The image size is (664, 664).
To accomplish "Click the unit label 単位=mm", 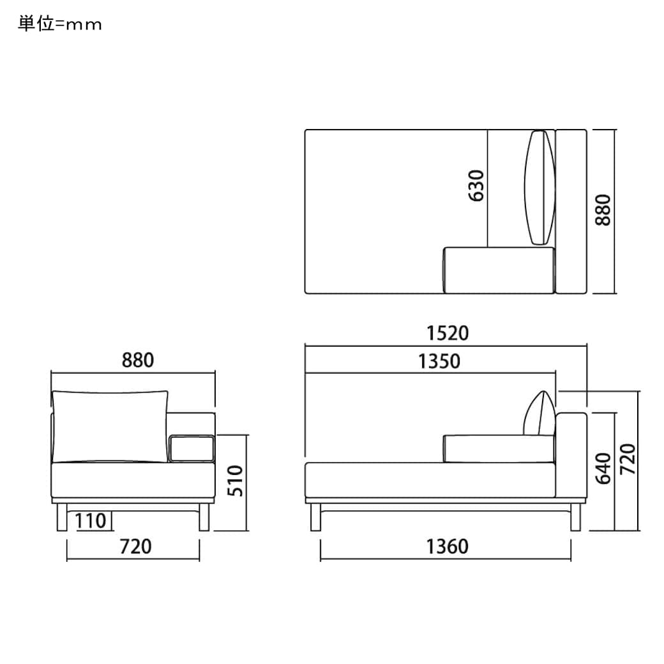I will pyautogui.click(x=60, y=24).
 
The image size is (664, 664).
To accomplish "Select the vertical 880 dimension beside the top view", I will pyautogui.click(x=603, y=210).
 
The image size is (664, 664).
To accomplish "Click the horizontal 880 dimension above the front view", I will pyautogui.click(x=138, y=360).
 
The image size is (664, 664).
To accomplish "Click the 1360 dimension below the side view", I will pyautogui.click(x=448, y=547).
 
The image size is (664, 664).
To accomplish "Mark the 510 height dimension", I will pyautogui.click(x=236, y=481).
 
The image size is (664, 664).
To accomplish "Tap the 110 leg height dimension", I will pyautogui.click(x=90, y=521).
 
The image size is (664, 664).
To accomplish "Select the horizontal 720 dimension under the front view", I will pyautogui.click(x=135, y=547).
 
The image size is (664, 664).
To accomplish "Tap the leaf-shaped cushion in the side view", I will pyautogui.click(x=540, y=414).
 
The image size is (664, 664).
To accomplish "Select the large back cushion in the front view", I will pyautogui.click(x=110, y=425).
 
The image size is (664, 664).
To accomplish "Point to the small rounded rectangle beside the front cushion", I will pyautogui.click(x=191, y=448).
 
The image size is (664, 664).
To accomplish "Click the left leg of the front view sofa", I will pyautogui.click(x=61, y=517).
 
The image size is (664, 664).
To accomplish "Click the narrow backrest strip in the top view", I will pyautogui.click(x=571, y=211).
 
